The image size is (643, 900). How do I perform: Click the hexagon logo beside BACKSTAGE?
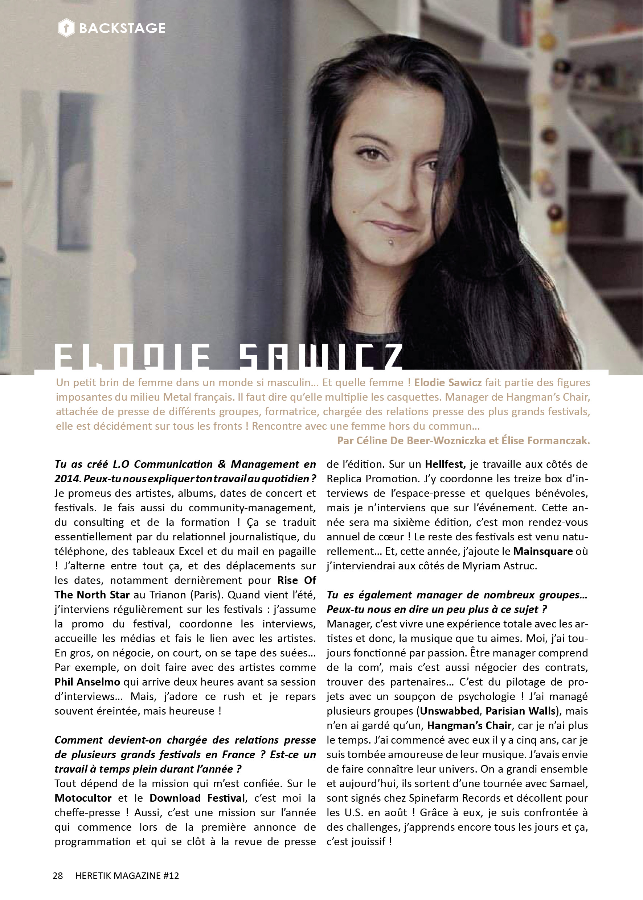66,28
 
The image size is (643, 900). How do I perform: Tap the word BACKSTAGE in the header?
122,28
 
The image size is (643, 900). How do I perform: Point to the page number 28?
58,875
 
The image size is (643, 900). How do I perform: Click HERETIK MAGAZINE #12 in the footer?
127,875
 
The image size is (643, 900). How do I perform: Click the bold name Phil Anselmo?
87,682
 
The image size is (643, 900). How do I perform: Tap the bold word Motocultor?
83,798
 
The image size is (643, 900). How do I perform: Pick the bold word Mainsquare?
543,551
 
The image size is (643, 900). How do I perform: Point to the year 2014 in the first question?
67,479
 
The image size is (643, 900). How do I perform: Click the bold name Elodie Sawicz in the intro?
448,382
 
